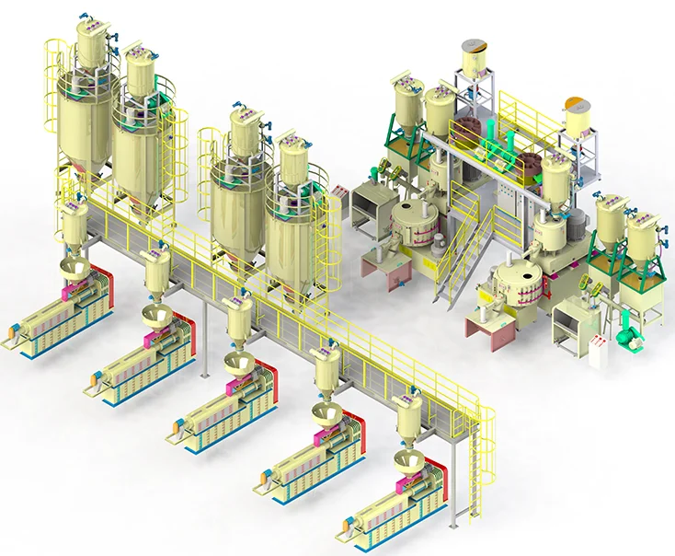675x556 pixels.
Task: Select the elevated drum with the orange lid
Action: tap(578, 115)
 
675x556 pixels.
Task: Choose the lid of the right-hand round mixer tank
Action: tap(504, 272)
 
